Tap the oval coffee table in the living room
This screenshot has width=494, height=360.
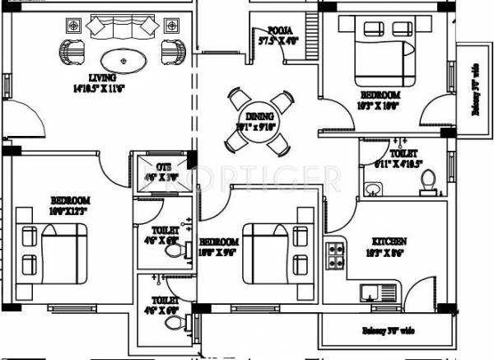[122, 59]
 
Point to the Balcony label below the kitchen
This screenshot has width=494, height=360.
[386, 331]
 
